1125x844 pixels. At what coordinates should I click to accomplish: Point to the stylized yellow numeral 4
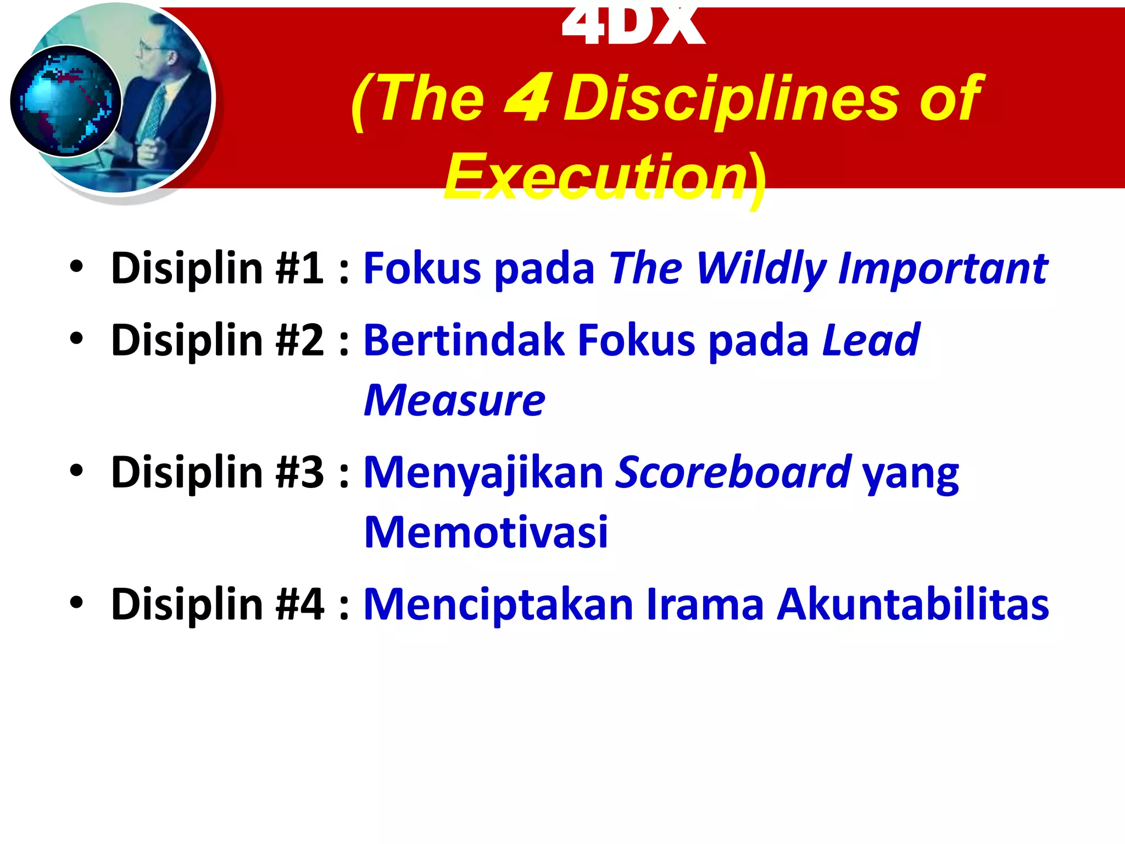[527, 99]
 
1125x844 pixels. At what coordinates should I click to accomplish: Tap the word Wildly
[761, 268]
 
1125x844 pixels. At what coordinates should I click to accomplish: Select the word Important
[943, 268]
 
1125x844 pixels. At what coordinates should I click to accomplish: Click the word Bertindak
[464, 340]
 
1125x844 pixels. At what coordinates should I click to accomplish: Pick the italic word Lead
[871, 340]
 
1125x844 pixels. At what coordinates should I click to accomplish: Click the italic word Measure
[455, 401]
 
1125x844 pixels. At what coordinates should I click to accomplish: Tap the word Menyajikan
[483, 473]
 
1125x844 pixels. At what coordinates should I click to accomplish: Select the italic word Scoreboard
[733, 473]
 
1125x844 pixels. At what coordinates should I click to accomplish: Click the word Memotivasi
[486, 532]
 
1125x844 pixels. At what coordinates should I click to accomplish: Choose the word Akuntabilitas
[912, 604]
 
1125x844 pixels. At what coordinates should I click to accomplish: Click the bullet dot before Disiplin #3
[76, 470]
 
